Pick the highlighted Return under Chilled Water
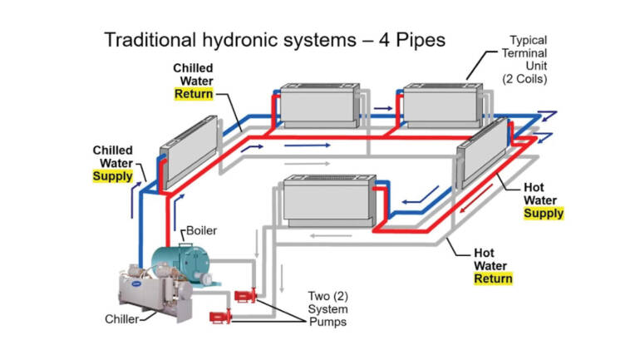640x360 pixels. [193, 94]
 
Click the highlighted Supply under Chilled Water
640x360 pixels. [115, 177]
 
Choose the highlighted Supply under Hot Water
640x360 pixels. [543, 214]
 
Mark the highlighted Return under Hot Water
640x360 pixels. [493, 279]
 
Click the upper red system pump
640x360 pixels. [244, 294]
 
